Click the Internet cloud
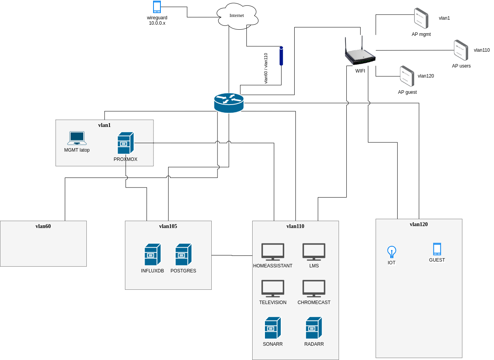click(237, 16)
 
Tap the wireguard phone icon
click(157, 7)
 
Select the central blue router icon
click(229, 103)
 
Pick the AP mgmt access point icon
click(421, 18)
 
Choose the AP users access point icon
click(461, 50)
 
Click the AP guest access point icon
click(407, 76)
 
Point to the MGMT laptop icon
click(77, 138)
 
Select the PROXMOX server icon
click(125, 143)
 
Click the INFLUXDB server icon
click(152, 254)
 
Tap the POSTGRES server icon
click(183, 254)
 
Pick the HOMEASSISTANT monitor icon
click(273, 252)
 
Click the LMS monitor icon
click(314, 252)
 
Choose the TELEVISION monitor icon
click(273, 289)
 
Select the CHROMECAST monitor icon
click(314, 289)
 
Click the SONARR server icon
click(273, 328)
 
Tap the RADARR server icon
click(314, 328)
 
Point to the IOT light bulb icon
click(391, 252)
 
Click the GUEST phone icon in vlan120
click(437, 249)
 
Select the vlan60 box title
click(43, 226)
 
